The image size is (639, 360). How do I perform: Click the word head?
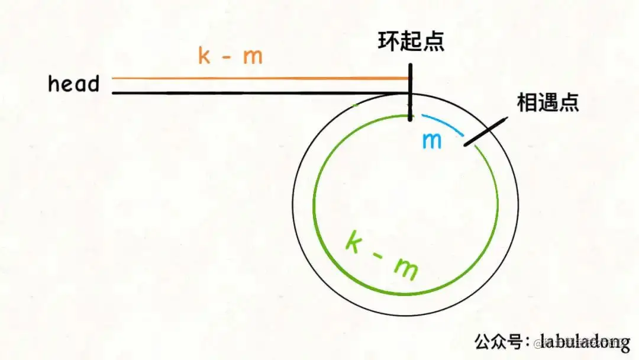pyautogui.click(x=73, y=84)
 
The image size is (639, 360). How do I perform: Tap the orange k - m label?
pyautogui.click(x=230, y=56)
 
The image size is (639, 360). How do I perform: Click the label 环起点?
pyautogui.click(x=412, y=42)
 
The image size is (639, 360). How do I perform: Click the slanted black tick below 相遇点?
pyautogui.click(x=485, y=132)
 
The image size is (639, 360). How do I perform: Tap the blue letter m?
pyautogui.click(x=432, y=141)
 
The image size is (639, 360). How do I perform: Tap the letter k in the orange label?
pyautogui.click(x=205, y=56)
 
